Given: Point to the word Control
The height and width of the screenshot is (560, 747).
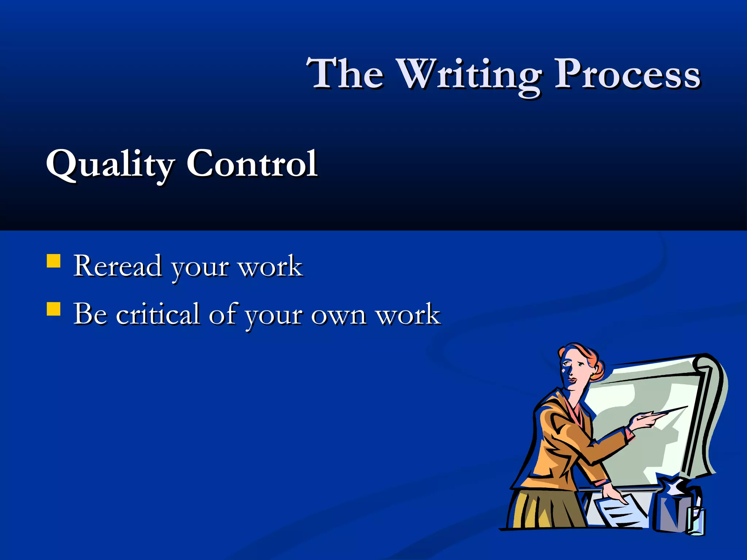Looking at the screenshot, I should point(252,164).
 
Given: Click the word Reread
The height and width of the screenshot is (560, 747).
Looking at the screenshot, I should point(117,266).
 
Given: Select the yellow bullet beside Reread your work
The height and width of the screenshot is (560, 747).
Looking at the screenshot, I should point(54,261).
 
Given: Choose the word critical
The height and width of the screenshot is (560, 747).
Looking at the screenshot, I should point(158,314).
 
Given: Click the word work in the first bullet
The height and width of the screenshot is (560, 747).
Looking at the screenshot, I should point(270,267).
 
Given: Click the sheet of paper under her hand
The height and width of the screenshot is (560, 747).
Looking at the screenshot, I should point(620,510).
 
